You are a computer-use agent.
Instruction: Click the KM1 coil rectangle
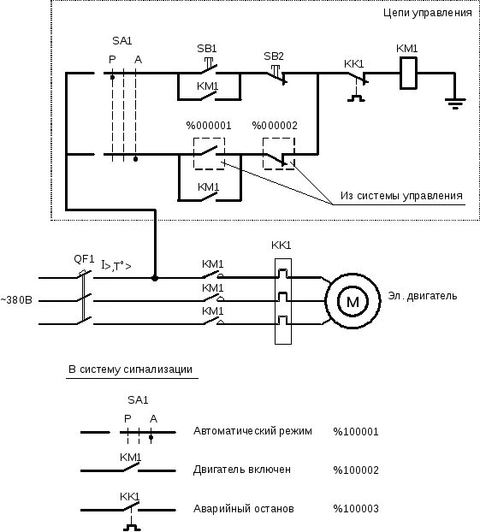(x=408, y=57)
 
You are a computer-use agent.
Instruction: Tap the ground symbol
(x=455, y=103)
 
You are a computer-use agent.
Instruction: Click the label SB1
(x=207, y=49)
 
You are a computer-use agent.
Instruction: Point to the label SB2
(x=274, y=56)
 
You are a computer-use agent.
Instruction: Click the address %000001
(x=209, y=126)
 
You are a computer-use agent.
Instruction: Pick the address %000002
(x=275, y=126)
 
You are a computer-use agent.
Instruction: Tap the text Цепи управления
(x=428, y=13)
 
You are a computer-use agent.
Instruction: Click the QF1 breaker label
(x=84, y=259)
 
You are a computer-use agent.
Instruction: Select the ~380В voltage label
(x=16, y=300)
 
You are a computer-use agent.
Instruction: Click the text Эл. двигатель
(x=423, y=296)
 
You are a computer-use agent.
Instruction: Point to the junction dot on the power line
(x=155, y=278)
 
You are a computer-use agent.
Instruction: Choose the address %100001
(x=356, y=432)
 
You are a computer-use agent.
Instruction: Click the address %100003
(x=356, y=509)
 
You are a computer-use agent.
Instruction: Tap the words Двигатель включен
(x=241, y=470)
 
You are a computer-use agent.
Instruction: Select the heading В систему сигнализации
(x=130, y=369)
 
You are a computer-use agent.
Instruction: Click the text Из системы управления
(x=401, y=196)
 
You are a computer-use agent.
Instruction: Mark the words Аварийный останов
(x=243, y=509)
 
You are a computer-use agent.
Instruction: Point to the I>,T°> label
(x=116, y=266)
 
